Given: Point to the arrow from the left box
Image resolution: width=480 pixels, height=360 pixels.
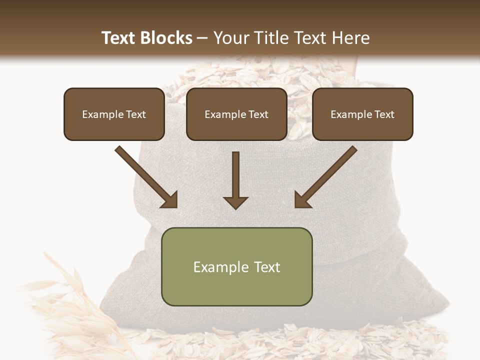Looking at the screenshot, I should coord(145,176).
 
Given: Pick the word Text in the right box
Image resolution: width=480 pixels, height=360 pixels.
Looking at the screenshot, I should coord(384,114).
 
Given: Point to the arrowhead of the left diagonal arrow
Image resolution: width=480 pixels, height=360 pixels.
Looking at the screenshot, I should coord(170,200).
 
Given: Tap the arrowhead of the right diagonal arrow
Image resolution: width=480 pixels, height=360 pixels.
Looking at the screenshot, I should coord(301,200).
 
